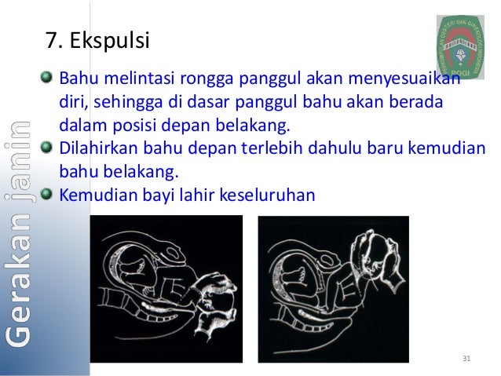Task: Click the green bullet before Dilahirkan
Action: point(49,148)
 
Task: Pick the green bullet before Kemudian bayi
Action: point(49,193)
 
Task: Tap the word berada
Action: point(420,102)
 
